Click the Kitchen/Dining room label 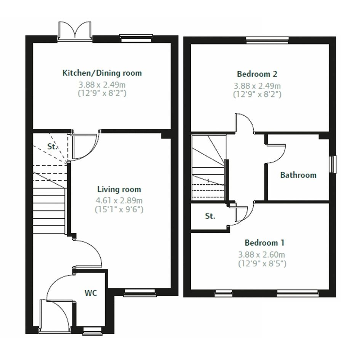click(x=102, y=73)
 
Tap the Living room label click(x=119, y=189)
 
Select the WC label click(x=91, y=293)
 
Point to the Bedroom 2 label click(x=257, y=74)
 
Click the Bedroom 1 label click(x=264, y=243)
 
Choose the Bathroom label click(x=298, y=175)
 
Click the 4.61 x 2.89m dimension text click(x=119, y=200)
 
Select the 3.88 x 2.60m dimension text click(x=261, y=254)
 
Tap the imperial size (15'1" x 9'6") click(x=119, y=210)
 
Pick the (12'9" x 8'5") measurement click(x=262, y=263)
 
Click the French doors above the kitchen click(x=75, y=32)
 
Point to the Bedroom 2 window click(x=267, y=40)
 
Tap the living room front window click(x=140, y=292)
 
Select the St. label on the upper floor click(x=210, y=216)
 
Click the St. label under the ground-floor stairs click(x=52, y=147)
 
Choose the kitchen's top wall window click(x=136, y=38)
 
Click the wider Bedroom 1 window click(x=298, y=293)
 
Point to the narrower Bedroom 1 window click(x=224, y=293)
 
